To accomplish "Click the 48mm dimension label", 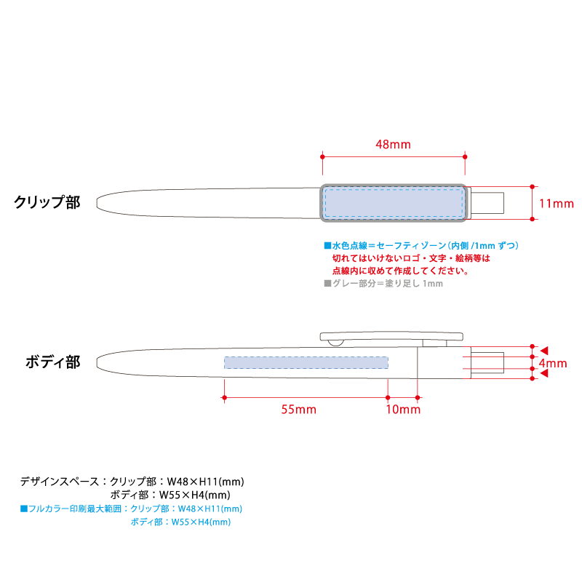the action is (393, 144).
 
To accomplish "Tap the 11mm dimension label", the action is (557, 204).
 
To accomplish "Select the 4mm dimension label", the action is (553, 363).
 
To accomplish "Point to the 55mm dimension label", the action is (299, 410).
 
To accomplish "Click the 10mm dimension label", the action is (403, 410).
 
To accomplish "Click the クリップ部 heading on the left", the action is (47, 202).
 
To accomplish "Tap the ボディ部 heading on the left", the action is (53, 362).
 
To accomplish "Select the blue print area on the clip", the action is (394, 203).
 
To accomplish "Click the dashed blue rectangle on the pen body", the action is (306, 362).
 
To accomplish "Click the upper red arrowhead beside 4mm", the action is (544, 351).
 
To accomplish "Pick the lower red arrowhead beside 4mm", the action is (544, 373).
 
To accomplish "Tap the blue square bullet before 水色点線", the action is (327, 245).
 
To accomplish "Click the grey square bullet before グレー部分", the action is (327, 283).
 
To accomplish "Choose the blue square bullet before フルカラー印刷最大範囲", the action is (24, 509).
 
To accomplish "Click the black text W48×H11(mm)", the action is (206, 482).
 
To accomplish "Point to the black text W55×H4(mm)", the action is (195, 495).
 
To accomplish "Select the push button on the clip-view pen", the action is (487, 203).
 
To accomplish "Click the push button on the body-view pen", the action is (487, 362).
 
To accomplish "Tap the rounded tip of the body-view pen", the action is (98, 362).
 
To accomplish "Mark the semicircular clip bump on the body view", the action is (336, 343).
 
